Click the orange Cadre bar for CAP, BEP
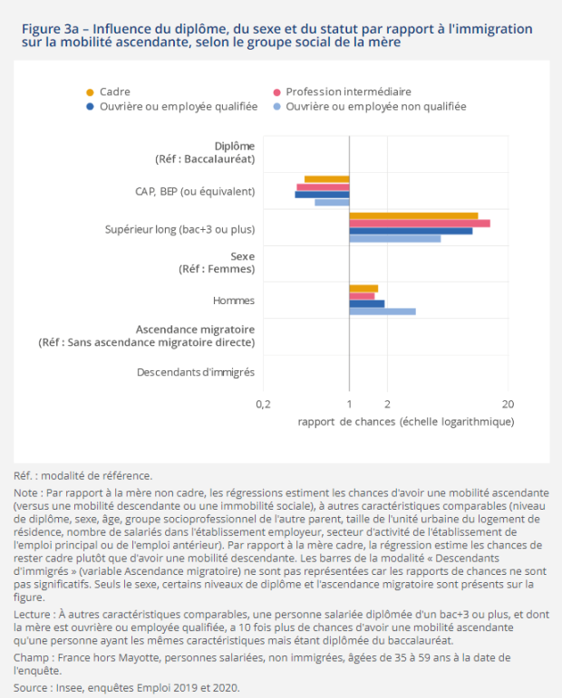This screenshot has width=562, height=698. click(x=326, y=179)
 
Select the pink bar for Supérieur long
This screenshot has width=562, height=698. click(x=420, y=224)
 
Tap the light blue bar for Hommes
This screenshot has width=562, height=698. click(x=383, y=311)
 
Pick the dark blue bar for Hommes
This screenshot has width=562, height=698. click(x=367, y=304)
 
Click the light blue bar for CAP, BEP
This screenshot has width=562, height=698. click(x=332, y=203)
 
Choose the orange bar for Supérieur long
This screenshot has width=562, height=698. click(x=413, y=215)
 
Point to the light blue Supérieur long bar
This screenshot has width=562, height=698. click(x=395, y=239)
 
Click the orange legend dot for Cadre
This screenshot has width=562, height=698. click(x=90, y=92)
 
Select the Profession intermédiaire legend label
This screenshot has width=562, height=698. click(x=348, y=91)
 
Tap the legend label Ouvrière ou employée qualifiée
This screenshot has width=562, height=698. click(x=179, y=107)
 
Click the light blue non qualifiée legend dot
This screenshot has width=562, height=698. click(x=276, y=107)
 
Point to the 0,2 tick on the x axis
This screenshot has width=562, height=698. click(x=264, y=404)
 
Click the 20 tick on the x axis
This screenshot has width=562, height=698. click(x=509, y=404)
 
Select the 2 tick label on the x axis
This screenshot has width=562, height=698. click(x=387, y=404)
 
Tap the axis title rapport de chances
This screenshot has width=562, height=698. click(x=406, y=422)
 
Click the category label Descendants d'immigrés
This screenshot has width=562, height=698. click(x=196, y=372)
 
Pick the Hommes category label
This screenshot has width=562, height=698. click(x=234, y=301)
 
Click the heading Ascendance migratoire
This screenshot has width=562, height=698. click(x=195, y=330)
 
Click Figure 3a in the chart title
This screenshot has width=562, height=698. click(x=51, y=29)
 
